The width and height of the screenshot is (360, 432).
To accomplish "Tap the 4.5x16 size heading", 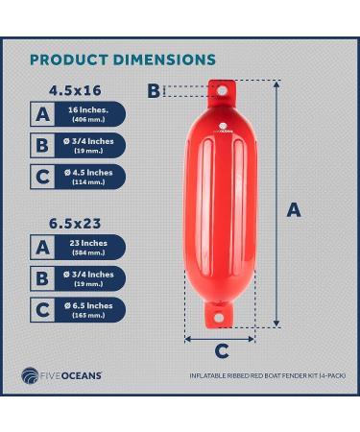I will coord(75,90).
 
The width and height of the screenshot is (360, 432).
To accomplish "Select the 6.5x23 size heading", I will coord(75,223).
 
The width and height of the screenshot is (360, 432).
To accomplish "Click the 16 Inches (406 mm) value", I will coord(86,114).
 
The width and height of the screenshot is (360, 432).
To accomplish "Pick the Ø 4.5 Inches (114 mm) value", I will coord(88,177).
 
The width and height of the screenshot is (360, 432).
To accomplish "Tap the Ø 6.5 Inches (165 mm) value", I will coord(88,309).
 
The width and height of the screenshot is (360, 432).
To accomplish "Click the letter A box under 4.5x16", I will coord(41,114).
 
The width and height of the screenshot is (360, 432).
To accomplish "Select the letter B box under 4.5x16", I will coord(41,146).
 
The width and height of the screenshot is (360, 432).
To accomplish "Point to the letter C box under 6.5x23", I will coord(41,309).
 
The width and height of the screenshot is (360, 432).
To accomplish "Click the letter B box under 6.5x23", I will coord(41,278).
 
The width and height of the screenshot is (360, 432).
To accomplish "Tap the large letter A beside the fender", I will coord(294,209).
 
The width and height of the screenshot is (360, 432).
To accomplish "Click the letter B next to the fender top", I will coord(154,91).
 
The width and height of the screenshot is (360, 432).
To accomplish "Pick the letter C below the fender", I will coord(221,351).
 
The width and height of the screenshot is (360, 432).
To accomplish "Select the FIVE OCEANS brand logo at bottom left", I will coord(61,375).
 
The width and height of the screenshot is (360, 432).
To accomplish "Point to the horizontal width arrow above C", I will coord(220,337).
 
